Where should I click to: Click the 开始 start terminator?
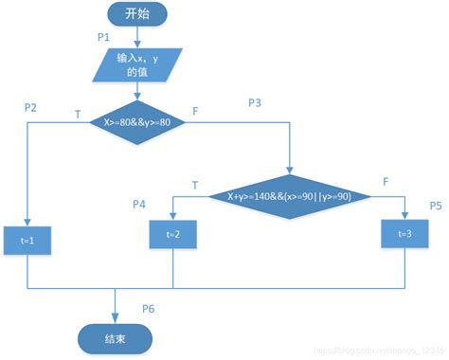(x=135, y=15)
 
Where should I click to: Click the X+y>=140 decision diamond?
(x=289, y=197)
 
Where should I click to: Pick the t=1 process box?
(x=27, y=241)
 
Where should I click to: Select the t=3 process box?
(x=405, y=234)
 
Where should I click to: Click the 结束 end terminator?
(x=117, y=337)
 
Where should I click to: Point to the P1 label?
(x=105, y=37)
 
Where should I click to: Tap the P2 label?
(x=30, y=107)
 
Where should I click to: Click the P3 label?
(x=256, y=101)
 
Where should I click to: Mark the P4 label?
(x=139, y=204)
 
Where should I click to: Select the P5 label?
(x=436, y=205)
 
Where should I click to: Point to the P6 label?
(x=149, y=308)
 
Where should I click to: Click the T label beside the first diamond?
(x=77, y=114)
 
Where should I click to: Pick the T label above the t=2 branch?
(x=195, y=184)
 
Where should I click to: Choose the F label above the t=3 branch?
(x=385, y=180)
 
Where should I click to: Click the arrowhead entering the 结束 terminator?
(x=116, y=319)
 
